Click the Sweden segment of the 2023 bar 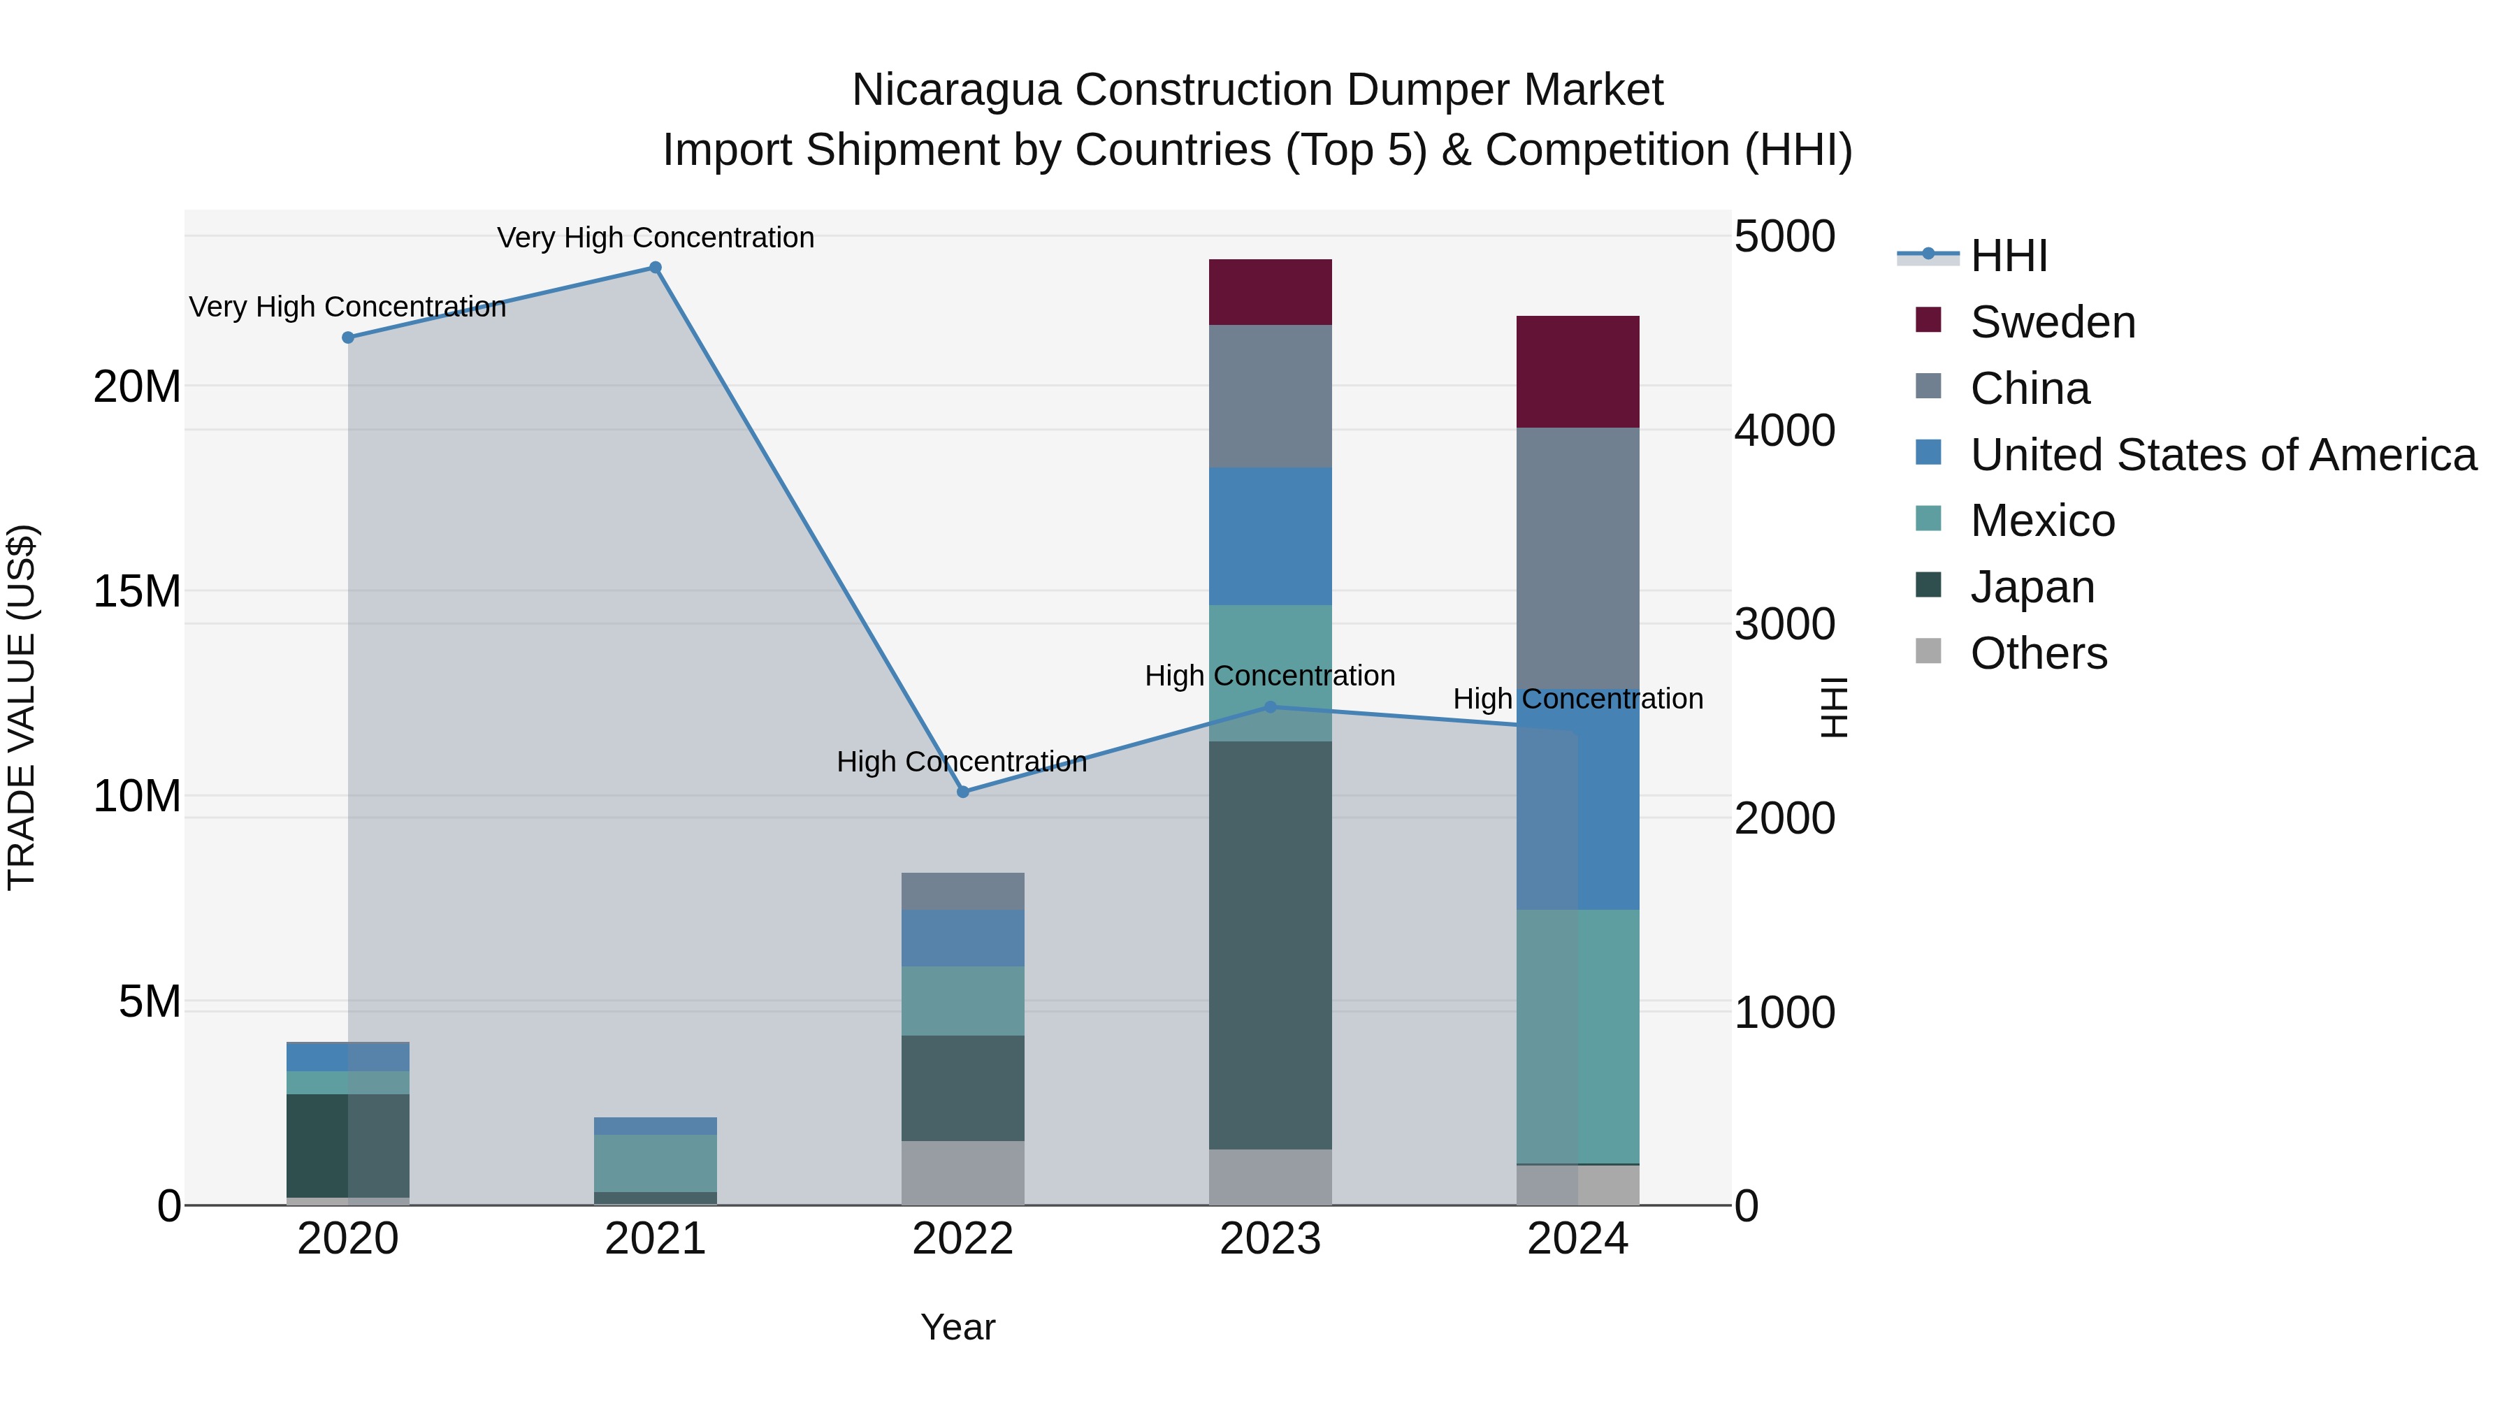[x=1270, y=292]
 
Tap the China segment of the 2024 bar [x=1577, y=557]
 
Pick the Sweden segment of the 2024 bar [x=1577, y=371]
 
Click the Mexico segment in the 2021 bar [x=656, y=1162]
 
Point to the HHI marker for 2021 [x=656, y=268]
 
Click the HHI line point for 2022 [x=963, y=792]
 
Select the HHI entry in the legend [x=2007, y=256]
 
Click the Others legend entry [x=2039, y=653]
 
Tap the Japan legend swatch [x=1929, y=586]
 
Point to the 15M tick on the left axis [x=137, y=592]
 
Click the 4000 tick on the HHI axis [x=1784, y=430]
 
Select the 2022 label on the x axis [x=963, y=1239]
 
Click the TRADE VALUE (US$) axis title [x=22, y=707]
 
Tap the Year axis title [x=957, y=1327]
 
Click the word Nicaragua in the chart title [x=955, y=91]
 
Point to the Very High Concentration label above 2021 [x=656, y=238]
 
